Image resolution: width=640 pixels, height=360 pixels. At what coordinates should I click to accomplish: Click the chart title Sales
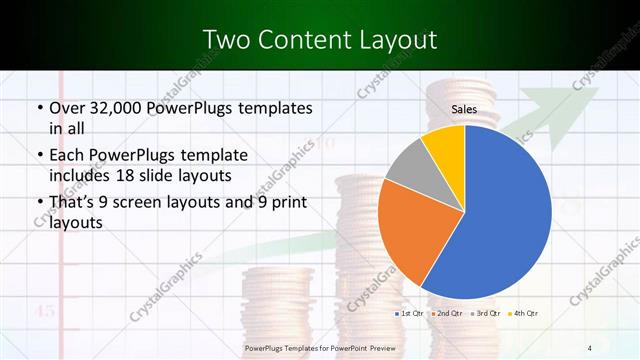point(464,110)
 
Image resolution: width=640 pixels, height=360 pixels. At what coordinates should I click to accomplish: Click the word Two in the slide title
point(225,40)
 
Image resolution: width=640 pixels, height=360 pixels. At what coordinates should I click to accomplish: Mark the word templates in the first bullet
point(267,107)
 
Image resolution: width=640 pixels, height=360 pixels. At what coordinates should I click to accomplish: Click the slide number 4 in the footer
point(589,347)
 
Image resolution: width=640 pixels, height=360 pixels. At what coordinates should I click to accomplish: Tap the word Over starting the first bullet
point(68,107)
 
